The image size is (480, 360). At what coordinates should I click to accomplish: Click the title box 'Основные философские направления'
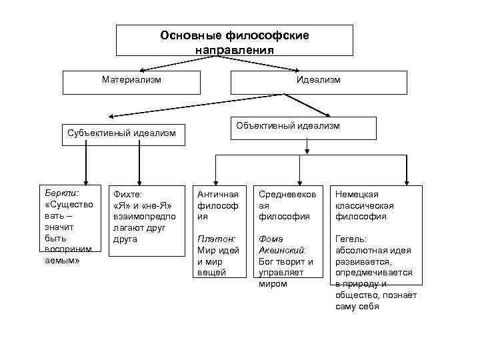click(x=234, y=41)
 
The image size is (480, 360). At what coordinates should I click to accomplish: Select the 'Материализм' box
click(x=131, y=80)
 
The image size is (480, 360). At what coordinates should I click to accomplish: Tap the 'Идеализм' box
click(x=318, y=80)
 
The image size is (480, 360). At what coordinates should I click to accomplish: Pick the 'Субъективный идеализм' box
click(x=121, y=133)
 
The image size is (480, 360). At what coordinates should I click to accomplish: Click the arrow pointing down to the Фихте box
click(x=139, y=164)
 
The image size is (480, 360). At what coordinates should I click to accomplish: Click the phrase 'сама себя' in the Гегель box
click(x=357, y=307)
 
